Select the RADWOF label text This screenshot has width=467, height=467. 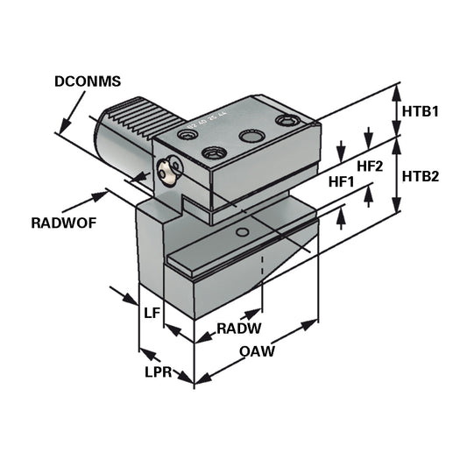tap(63, 223)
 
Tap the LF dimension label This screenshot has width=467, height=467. tap(151, 312)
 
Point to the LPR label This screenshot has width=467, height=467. tap(157, 371)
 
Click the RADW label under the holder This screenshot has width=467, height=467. tap(214, 329)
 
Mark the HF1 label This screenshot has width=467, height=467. tap(341, 182)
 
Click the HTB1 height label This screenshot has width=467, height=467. tap(421, 112)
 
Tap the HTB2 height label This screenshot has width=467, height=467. tap(421, 175)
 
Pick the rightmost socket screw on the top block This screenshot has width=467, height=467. tap(286, 120)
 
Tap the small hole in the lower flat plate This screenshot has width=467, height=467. tap(242, 232)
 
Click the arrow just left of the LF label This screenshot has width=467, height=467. tap(124, 293)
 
